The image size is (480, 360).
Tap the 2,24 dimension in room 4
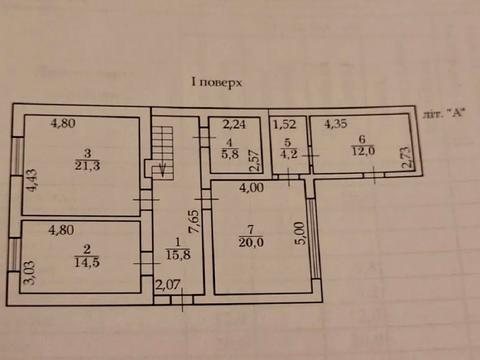[233, 125]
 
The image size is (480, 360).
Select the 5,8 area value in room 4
[231, 156]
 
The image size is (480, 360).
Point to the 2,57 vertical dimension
[255, 159]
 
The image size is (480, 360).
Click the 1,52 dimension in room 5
[285, 125]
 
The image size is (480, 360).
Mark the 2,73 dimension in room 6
[404, 159]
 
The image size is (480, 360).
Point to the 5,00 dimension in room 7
[296, 231]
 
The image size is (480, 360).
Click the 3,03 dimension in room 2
[28, 271]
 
